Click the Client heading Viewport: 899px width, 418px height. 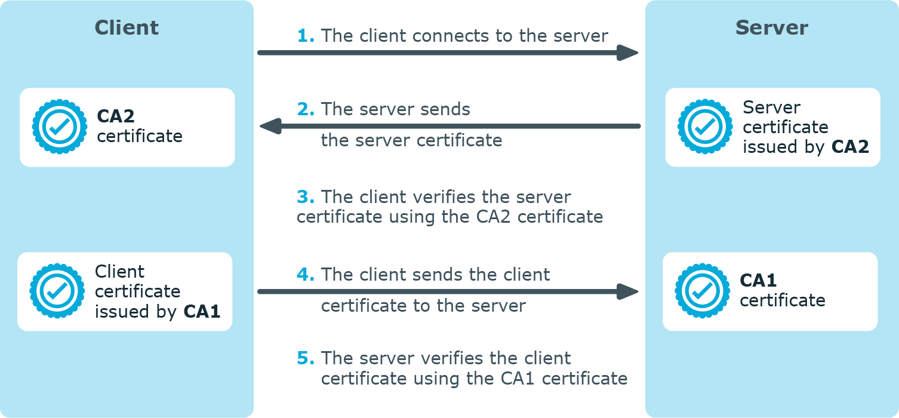[127, 27]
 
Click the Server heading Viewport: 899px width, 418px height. [771, 27]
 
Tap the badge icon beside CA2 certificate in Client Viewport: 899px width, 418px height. [60, 127]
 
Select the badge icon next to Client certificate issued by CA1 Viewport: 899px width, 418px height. [58, 291]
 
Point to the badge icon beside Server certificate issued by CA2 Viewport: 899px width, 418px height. [706, 127]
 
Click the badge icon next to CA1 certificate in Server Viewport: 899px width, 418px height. [703, 291]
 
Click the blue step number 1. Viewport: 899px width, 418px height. [305, 36]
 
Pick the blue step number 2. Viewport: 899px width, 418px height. [305, 110]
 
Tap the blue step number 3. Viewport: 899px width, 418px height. [305, 197]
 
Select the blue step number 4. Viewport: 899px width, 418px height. [305, 275]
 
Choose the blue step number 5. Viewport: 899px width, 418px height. [305, 358]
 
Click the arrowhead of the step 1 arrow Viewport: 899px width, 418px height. [628, 53]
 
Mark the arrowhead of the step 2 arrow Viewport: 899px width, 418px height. [270, 126]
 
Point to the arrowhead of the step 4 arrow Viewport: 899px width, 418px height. [628, 291]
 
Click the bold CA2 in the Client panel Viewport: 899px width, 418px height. [116, 116]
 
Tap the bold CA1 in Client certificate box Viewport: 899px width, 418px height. [202, 311]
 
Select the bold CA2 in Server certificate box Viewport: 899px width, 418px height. [850, 147]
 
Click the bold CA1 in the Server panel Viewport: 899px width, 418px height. [758, 280]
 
